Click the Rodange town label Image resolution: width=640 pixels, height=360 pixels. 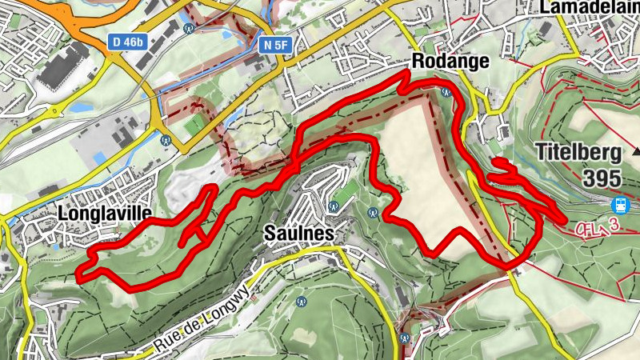[x=450, y=62]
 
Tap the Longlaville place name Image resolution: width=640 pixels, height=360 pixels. [x=104, y=214]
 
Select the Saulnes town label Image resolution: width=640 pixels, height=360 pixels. [x=296, y=234]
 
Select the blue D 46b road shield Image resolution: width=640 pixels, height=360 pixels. [x=127, y=40]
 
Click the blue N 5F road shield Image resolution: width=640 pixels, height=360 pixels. [x=274, y=46]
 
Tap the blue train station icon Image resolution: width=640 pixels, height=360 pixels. [x=619, y=205]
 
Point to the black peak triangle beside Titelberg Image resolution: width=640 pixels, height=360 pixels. [x=637, y=150]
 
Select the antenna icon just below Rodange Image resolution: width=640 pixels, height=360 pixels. [x=447, y=92]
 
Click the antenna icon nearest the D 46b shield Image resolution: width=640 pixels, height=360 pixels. [x=190, y=28]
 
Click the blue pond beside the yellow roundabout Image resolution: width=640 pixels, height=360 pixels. [x=80, y=106]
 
